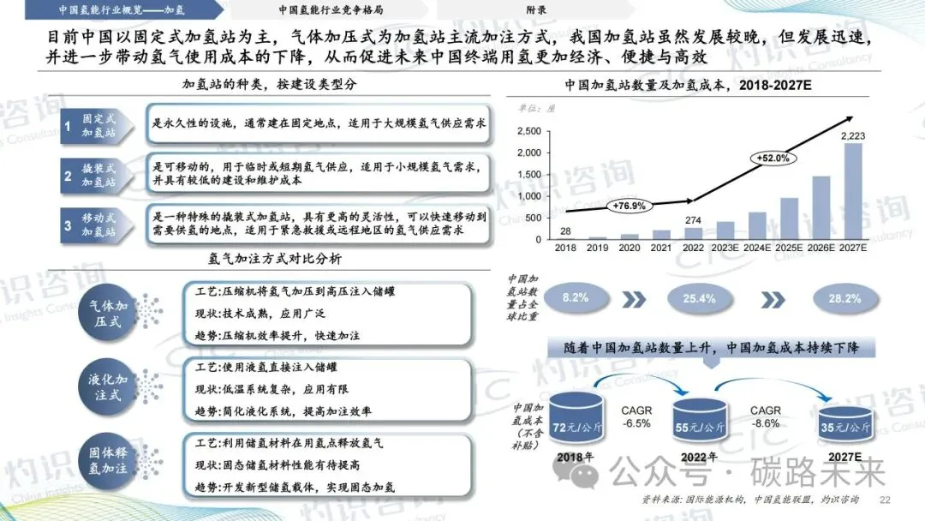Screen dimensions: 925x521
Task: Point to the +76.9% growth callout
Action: pyautogui.click(x=630, y=206)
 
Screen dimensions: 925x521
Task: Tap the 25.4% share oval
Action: pyautogui.click(x=700, y=298)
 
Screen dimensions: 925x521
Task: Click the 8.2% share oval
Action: pyautogui.click(x=575, y=298)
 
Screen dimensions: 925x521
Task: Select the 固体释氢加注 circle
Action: pyautogui.click(x=108, y=464)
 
